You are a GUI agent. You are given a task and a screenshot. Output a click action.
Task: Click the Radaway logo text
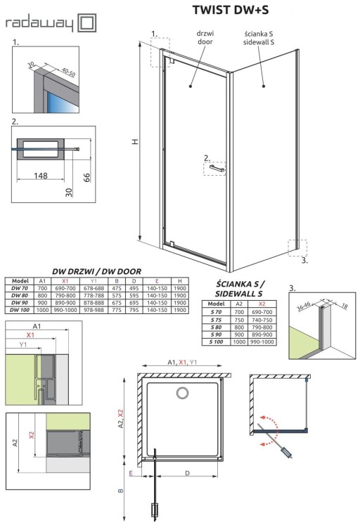39,23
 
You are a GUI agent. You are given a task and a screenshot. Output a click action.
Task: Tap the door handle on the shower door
216,168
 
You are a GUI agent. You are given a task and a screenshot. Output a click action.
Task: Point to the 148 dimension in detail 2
43,174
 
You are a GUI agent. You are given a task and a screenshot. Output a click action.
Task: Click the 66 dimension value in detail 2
85,176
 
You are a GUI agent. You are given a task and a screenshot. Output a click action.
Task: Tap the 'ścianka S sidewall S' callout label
265,37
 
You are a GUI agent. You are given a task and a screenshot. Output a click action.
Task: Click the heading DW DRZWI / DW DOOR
96,271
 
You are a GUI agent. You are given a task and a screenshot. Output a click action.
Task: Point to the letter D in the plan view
186,474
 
